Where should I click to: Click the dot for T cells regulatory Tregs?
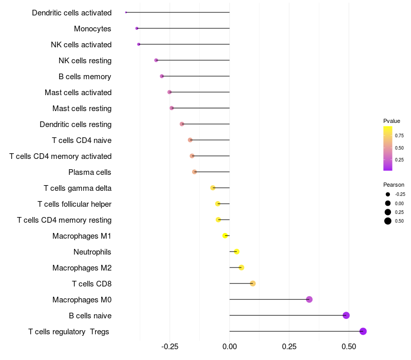coord(363,331)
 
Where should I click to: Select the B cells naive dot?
coord(346,315)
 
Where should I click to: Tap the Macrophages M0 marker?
coord(309,299)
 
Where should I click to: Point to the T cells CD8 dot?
coord(253,283)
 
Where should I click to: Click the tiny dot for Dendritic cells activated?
coord(126,12)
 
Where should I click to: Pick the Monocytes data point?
coord(137,28)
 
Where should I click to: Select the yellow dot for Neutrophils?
coord(237,251)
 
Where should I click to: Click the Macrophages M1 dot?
coord(225,236)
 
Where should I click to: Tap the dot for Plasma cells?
coord(194,172)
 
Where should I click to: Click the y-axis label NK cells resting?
coord(85,61)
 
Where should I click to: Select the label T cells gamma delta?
coord(78,188)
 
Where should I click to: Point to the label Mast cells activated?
coord(78,93)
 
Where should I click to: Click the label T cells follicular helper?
coord(74,204)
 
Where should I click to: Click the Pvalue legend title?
coord(391,121)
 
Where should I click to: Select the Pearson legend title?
coord(394,185)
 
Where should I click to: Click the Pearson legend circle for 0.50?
coord(388,221)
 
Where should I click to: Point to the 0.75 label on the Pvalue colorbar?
coord(399,136)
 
